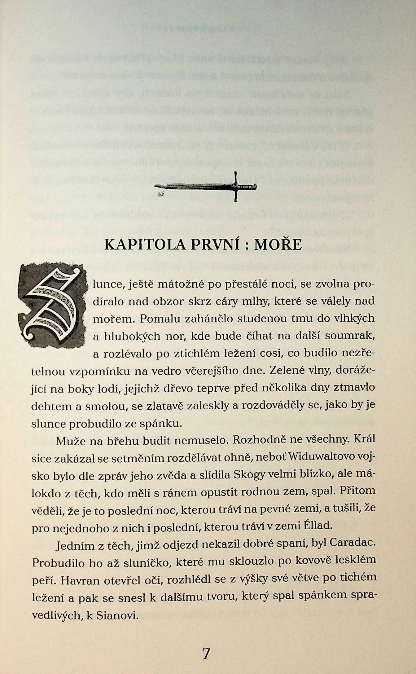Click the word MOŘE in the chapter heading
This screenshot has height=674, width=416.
(278, 244)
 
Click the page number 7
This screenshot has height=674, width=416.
(206, 654)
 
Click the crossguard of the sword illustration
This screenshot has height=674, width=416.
(236, 187)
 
